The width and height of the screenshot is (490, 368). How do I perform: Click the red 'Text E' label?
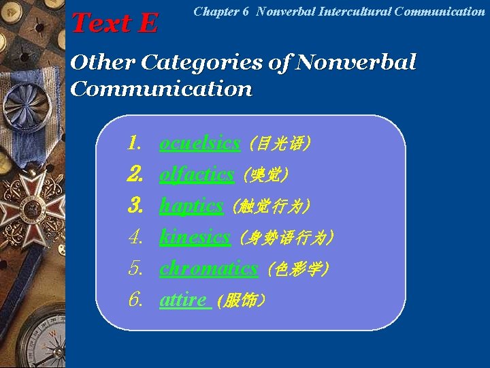114,23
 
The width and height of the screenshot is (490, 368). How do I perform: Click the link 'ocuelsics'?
199,143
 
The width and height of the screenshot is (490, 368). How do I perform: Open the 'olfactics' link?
197,174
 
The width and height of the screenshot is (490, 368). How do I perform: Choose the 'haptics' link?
191,205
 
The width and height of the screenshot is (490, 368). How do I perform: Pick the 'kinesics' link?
195,237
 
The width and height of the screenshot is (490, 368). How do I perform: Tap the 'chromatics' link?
208,269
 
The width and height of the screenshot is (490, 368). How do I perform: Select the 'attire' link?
184,299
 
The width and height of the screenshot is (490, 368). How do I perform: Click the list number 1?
134,143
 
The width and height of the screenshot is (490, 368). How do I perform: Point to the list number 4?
135,237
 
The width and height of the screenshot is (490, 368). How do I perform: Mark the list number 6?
135,299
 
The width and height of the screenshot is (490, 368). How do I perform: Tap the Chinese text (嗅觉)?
265,175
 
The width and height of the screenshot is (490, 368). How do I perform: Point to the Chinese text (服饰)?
240,300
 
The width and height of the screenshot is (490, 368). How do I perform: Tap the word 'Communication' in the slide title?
161,89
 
